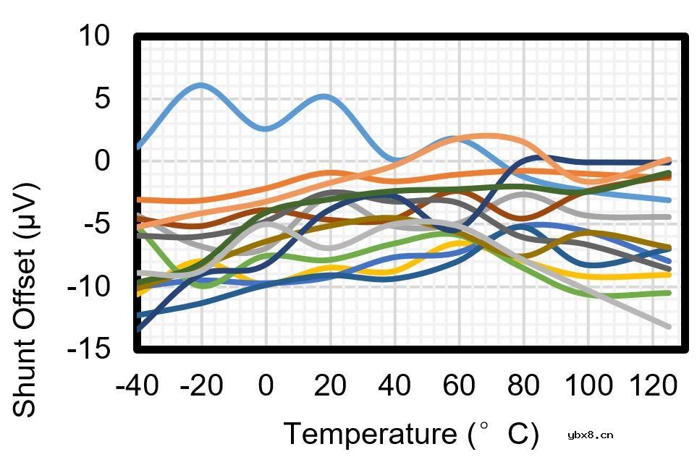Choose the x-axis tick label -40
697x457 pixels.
[x=137, y=385]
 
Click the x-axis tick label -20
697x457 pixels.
[x=200, y=385]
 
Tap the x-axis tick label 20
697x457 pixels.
[x=330, y=385]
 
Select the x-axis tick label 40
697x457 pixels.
[x=394, y=385]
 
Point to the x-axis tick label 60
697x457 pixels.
[x=459, y=385]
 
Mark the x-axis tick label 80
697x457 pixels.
[x=523, y=385]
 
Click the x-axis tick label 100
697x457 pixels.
[x=588, y=385]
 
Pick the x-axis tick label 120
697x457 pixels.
[x=652, y=385]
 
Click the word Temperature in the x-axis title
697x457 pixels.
[x=368, y=435]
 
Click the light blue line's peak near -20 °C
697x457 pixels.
[x=200, y=85]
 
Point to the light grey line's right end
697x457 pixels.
[x=667, y=327]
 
